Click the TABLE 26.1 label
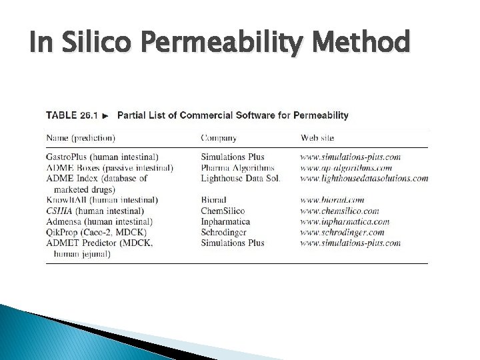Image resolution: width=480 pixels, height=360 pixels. point(71,115)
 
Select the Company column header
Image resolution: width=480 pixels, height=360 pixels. point(219,138)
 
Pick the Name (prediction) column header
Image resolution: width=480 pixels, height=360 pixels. point(81,138)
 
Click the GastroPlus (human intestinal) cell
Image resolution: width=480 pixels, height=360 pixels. point(102,157)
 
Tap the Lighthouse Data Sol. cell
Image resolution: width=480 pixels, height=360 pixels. point(241,178)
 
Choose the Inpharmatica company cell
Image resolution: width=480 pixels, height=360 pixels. point(227,221)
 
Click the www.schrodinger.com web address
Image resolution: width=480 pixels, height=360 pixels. point(343,232)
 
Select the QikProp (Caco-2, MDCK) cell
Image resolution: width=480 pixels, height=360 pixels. point(95,232)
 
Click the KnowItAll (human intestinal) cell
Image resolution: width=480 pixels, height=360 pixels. point(102,200)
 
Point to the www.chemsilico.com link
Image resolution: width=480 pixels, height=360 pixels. point(341,211)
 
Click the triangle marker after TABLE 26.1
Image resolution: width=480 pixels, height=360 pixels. point(105,115)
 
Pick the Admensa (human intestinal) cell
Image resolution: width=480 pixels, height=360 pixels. point(100,221)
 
